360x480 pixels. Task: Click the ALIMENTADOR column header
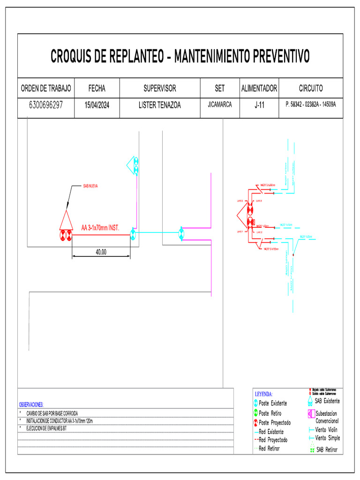[x=259, y=88]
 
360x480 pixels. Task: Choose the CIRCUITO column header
[x=310, y=88]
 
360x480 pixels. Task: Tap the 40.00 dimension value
[x=101, y=252]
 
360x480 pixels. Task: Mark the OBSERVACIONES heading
[x=31, y=404]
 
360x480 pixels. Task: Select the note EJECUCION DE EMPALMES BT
[x=47, y=428]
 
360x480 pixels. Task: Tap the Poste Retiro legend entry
[x=270, y=413]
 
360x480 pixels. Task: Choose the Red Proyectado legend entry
[x=273, y=440]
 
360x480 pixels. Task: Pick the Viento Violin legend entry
[x=326, y=429]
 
